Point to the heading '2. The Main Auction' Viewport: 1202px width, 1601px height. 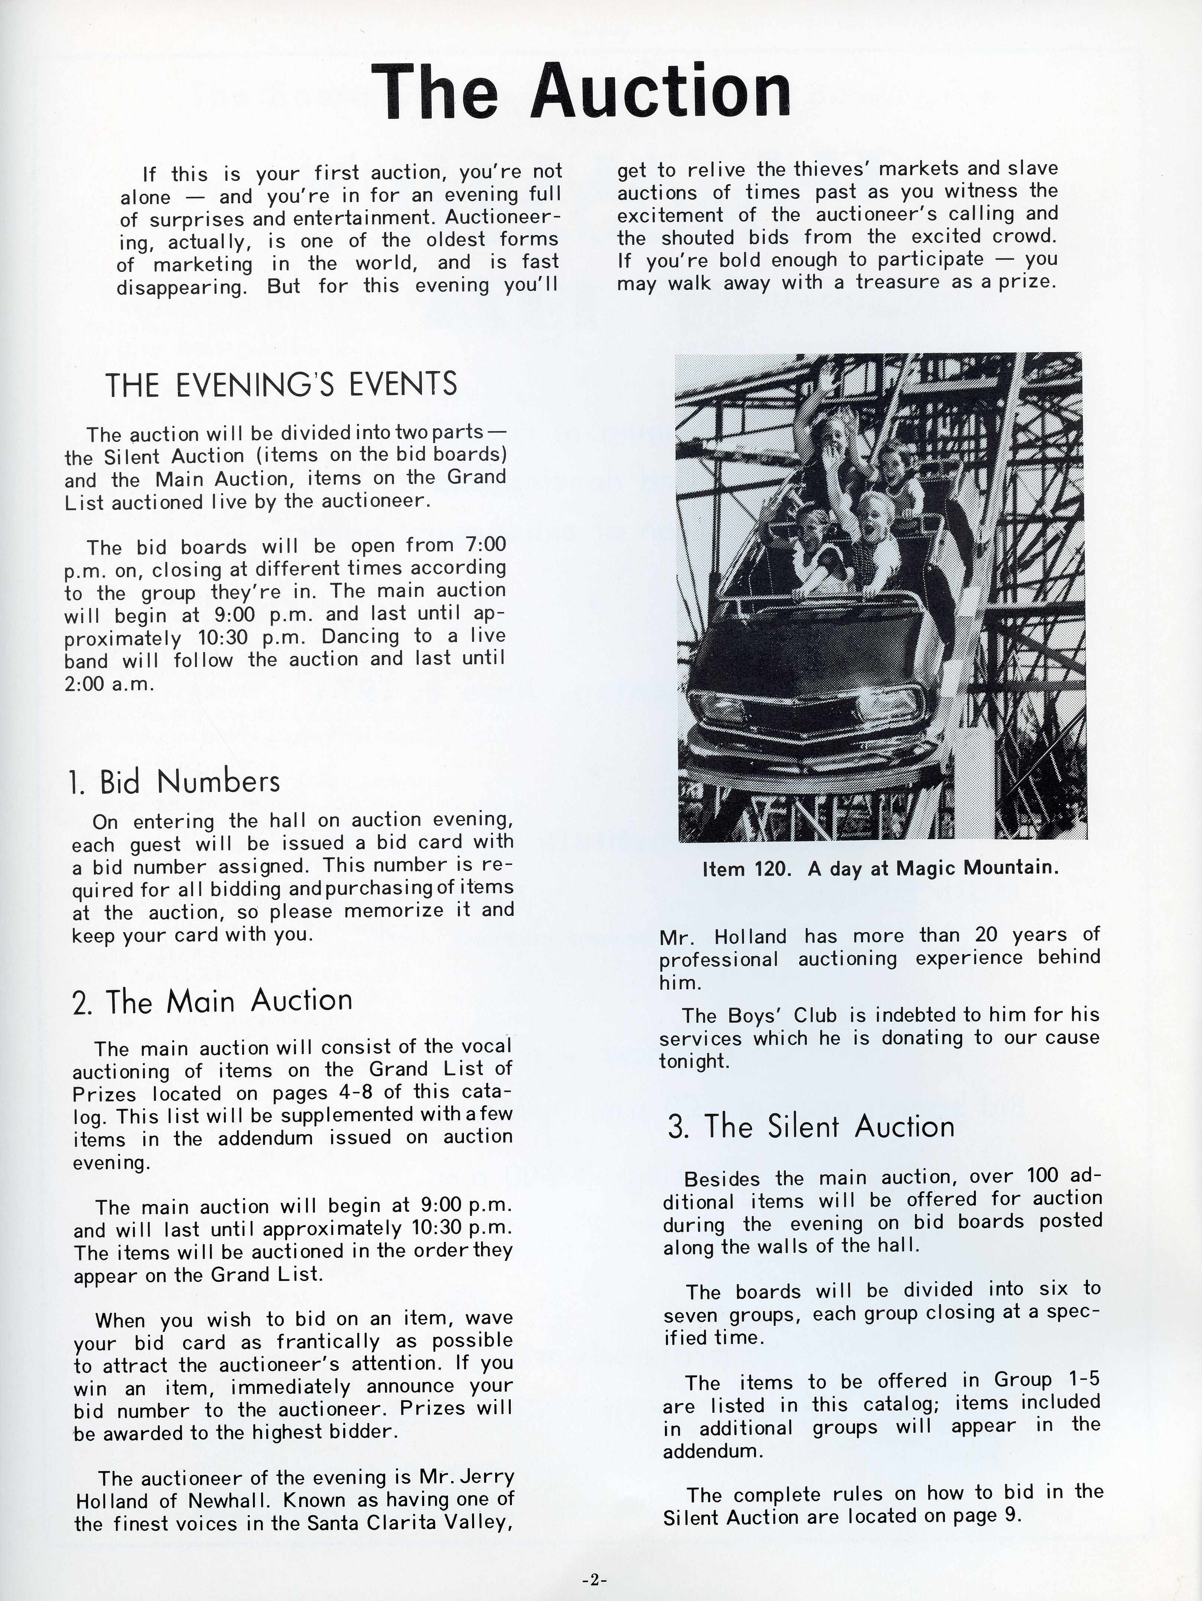[x=212, y=1001]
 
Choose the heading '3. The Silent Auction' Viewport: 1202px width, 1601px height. [x=811, y=1127]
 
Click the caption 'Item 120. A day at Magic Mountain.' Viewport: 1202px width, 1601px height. [x=880, y=869]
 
